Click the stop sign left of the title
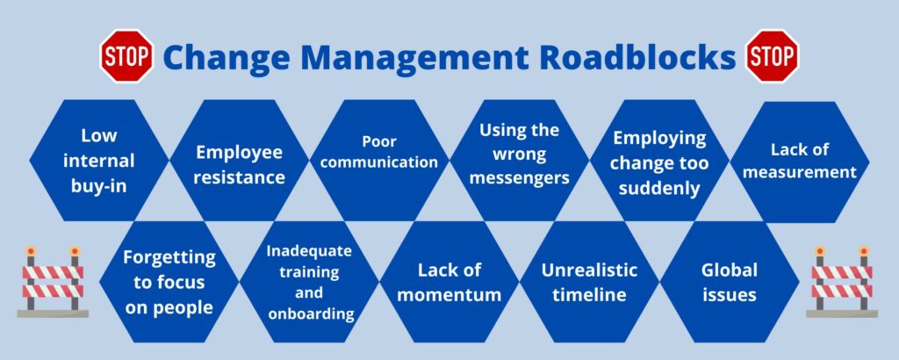[126, 56]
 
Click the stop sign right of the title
[773, 56]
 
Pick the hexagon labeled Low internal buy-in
[99, 161]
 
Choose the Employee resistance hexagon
[239, 161]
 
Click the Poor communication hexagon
[379, 161]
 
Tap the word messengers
[520, 177]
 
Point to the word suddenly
[659, 189]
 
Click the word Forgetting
[169, 258]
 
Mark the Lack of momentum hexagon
[449, 282]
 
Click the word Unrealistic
[589, 270]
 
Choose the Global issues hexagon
[730, 282]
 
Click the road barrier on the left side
[53, 282]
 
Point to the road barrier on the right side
[842, 282]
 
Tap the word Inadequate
[310, 251]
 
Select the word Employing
[659, 138]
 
